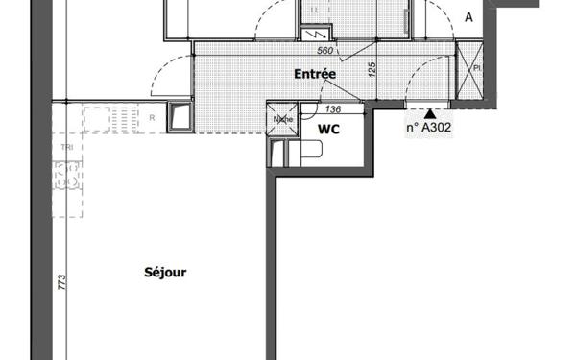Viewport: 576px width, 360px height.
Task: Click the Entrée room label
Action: (x=314, y=73)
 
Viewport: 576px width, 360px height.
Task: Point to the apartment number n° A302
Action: (x=428, y=126)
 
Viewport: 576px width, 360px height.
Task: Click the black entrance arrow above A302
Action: (x=428, y=112)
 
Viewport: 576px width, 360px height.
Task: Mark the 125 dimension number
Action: (x=371, y=70)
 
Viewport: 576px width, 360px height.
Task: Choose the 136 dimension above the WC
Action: (x=334, y=110)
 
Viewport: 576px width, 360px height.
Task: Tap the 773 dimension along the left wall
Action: (x=60, y=283)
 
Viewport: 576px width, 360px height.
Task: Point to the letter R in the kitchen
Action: (x=152, y=118)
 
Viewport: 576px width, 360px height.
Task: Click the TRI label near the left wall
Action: (x=65, y=147)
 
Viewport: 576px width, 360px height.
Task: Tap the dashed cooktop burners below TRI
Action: (x=66, y=177)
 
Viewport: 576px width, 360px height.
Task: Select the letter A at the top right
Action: (x=468, y=17)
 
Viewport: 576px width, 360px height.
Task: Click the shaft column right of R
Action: (x=180, y=118)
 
